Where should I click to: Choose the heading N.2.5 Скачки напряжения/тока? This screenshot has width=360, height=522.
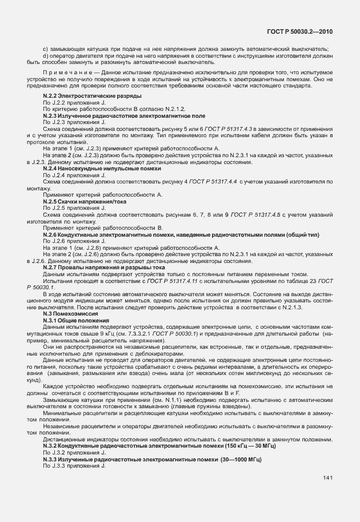click(x=85, y=202)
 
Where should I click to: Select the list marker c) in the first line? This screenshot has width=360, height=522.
click(x=46, y=49)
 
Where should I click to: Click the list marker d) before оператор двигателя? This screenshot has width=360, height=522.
click(x=46, y=56)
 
